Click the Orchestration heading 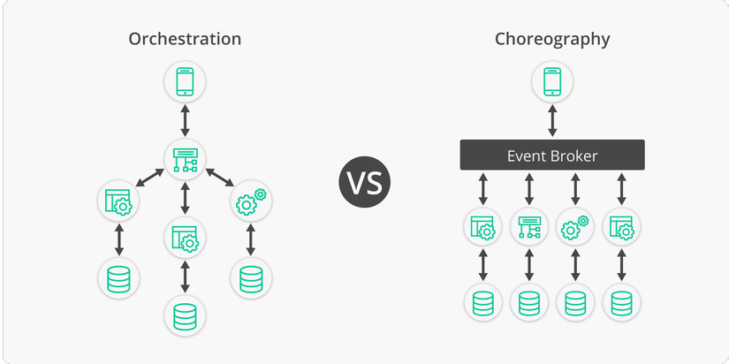(185, 39)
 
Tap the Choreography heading (552, 40)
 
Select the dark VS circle (364, 182)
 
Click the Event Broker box (552, 155)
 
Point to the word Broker (574, 155)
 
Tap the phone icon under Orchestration (185, 82)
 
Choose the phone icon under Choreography (552, 82)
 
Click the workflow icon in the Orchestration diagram (185, 159)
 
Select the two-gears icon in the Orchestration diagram (251, 201)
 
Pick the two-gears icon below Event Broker (575, 227)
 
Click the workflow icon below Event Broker (529, 227)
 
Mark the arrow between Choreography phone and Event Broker (552, 120)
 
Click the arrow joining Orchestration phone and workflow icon (185, 120)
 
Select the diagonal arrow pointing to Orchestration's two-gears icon (219, 177)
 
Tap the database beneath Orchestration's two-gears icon (251, 279)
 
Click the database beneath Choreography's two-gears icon (575, 303)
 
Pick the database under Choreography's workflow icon (529, 303)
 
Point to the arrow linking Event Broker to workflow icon (529, 189)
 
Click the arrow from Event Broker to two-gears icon (575, 189)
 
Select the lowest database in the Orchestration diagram (185, 316)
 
